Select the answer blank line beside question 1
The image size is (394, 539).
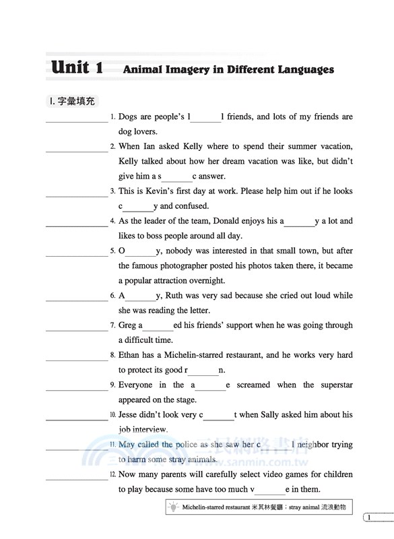[x=76, y=121]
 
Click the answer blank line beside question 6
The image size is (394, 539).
[x=76, y=300]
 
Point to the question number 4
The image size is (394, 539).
[x=112, y=221]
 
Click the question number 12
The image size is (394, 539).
[x=112, y=475]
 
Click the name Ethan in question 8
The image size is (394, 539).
[x=131, y=355]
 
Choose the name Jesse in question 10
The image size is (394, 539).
[x=130, y=414]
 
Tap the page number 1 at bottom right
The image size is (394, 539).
[x=369, y=517]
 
